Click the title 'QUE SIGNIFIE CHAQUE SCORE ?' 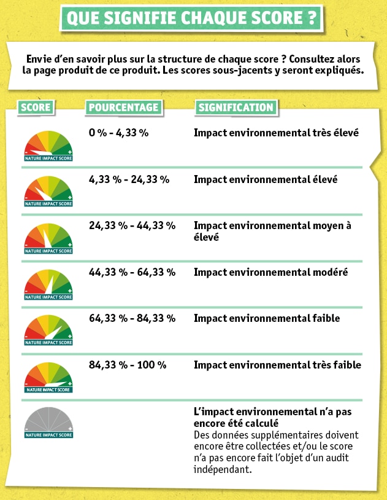(191, 18)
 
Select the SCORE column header (36, 107)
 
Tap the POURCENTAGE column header (124, 107)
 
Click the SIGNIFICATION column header (236, 107)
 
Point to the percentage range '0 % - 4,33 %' (118, 133)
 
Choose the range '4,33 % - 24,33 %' (129, 179)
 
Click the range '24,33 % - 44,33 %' (132, 225)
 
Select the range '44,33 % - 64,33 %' (132, 272)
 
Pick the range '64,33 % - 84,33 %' (132, 318)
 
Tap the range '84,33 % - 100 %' (128, 365)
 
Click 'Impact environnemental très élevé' (276, 133)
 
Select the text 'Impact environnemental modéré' (270, 272)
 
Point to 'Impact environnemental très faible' (277, 365)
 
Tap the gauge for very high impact (48, 146)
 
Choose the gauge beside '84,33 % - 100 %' (48, 377)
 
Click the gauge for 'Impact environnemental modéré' (48, 285)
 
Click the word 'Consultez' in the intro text (312, 59)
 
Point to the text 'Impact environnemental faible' (267, 318)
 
